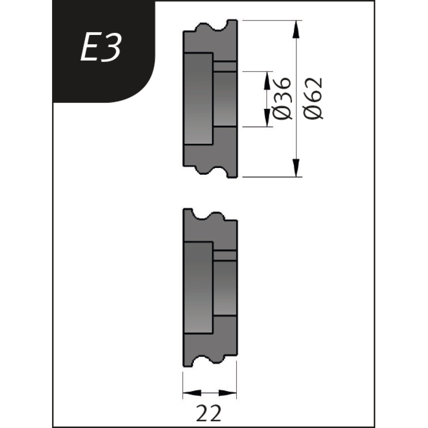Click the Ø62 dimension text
(x=314, y=99)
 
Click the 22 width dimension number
(x=209, y=413)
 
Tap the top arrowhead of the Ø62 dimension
(x=295, y=29)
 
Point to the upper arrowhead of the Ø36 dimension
(x=266, y=80)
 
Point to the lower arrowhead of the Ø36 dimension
(x=266, y=118)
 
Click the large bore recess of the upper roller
(x=198, y=99)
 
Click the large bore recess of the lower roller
(x=198, y=288)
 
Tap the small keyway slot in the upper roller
(x=225, y=67)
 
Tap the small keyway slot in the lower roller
(x=225, y=256)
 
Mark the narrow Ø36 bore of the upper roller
(x=225, y=99)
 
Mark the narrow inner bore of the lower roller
(x=225, y=288)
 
